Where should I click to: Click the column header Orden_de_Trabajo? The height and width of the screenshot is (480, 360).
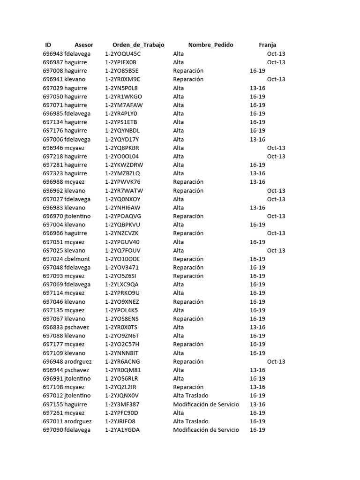pyautogui.click(x=138, y=45)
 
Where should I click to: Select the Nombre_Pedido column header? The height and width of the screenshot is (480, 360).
pyautogui.click(x=210, y=45)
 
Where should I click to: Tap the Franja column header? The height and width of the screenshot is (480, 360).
pyautogui.click(x=267, y=45)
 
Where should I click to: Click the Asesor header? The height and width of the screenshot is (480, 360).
pyautogui.click(x=84, y=45)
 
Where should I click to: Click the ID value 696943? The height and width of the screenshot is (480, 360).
pyautogui.click(x=52, y=54)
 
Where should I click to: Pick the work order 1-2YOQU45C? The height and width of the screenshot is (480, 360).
pyautogui.click(x=123, y=54)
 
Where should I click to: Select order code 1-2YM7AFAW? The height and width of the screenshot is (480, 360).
pyautogui.click(x=124, y=105)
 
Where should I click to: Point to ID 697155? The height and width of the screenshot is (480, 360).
pyautogui.click(x=52, y=405)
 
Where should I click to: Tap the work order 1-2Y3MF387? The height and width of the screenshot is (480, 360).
pyautogui.click(x=122, y=405)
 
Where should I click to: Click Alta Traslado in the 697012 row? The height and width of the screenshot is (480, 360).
pyautogui.click(x=191, y=396)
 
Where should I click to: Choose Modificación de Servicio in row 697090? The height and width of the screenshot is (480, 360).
pyautogui.click(x=206, y=430)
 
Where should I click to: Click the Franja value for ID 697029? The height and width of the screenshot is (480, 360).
pyautogui.click(x=257, y=88)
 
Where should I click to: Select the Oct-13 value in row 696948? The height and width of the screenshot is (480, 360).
pyautogui.click(x=276, y=362)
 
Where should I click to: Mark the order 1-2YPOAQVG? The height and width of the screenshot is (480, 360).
pyautogui.click(x=123, y=217)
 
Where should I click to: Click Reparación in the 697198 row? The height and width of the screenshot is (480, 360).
pyautogui.click(x=188, y=387)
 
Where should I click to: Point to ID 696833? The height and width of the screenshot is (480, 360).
pyautogui.click(x=52, y=328)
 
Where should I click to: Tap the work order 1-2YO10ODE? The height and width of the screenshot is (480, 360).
pyautogui.click(x=122, y=259)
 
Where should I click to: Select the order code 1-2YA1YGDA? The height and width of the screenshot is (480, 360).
pyautogui.click(x=122, y=430)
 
